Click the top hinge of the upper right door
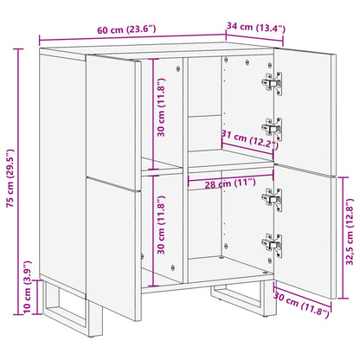[x=273, y=83]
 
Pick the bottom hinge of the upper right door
[x=272, y=127]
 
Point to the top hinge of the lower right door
[x=272, y=198]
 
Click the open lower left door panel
[x=112, y=251]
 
